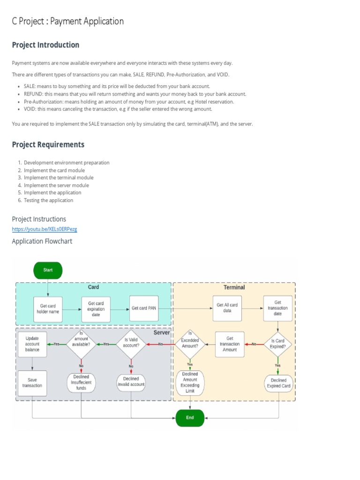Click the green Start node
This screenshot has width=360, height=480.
(48, 270)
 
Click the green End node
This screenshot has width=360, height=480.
(190, 417)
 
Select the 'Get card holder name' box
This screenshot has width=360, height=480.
(48, 309)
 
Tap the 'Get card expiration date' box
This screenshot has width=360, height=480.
(96, 309)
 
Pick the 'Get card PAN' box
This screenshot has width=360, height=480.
(144, 308)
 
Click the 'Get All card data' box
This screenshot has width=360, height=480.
(227, 308)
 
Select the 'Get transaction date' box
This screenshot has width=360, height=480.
(277, 308)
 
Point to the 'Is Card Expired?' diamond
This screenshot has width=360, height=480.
(278, 344)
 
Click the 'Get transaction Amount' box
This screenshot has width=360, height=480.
(230, 344)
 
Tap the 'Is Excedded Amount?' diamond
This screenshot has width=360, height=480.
(190, 344)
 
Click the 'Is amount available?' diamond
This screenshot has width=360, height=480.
(81, 344)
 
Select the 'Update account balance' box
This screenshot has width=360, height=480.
(32, 344)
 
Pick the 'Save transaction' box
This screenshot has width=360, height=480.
(32, 382)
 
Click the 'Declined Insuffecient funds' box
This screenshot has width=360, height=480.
(81, 382)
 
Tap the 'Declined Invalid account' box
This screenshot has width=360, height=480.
(131, 382)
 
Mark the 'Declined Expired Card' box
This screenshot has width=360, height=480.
(278, 383)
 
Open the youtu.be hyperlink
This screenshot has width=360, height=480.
(45, 229)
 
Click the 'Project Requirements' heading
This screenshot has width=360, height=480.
(48, 144)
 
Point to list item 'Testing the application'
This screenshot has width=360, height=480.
(48, 200)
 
